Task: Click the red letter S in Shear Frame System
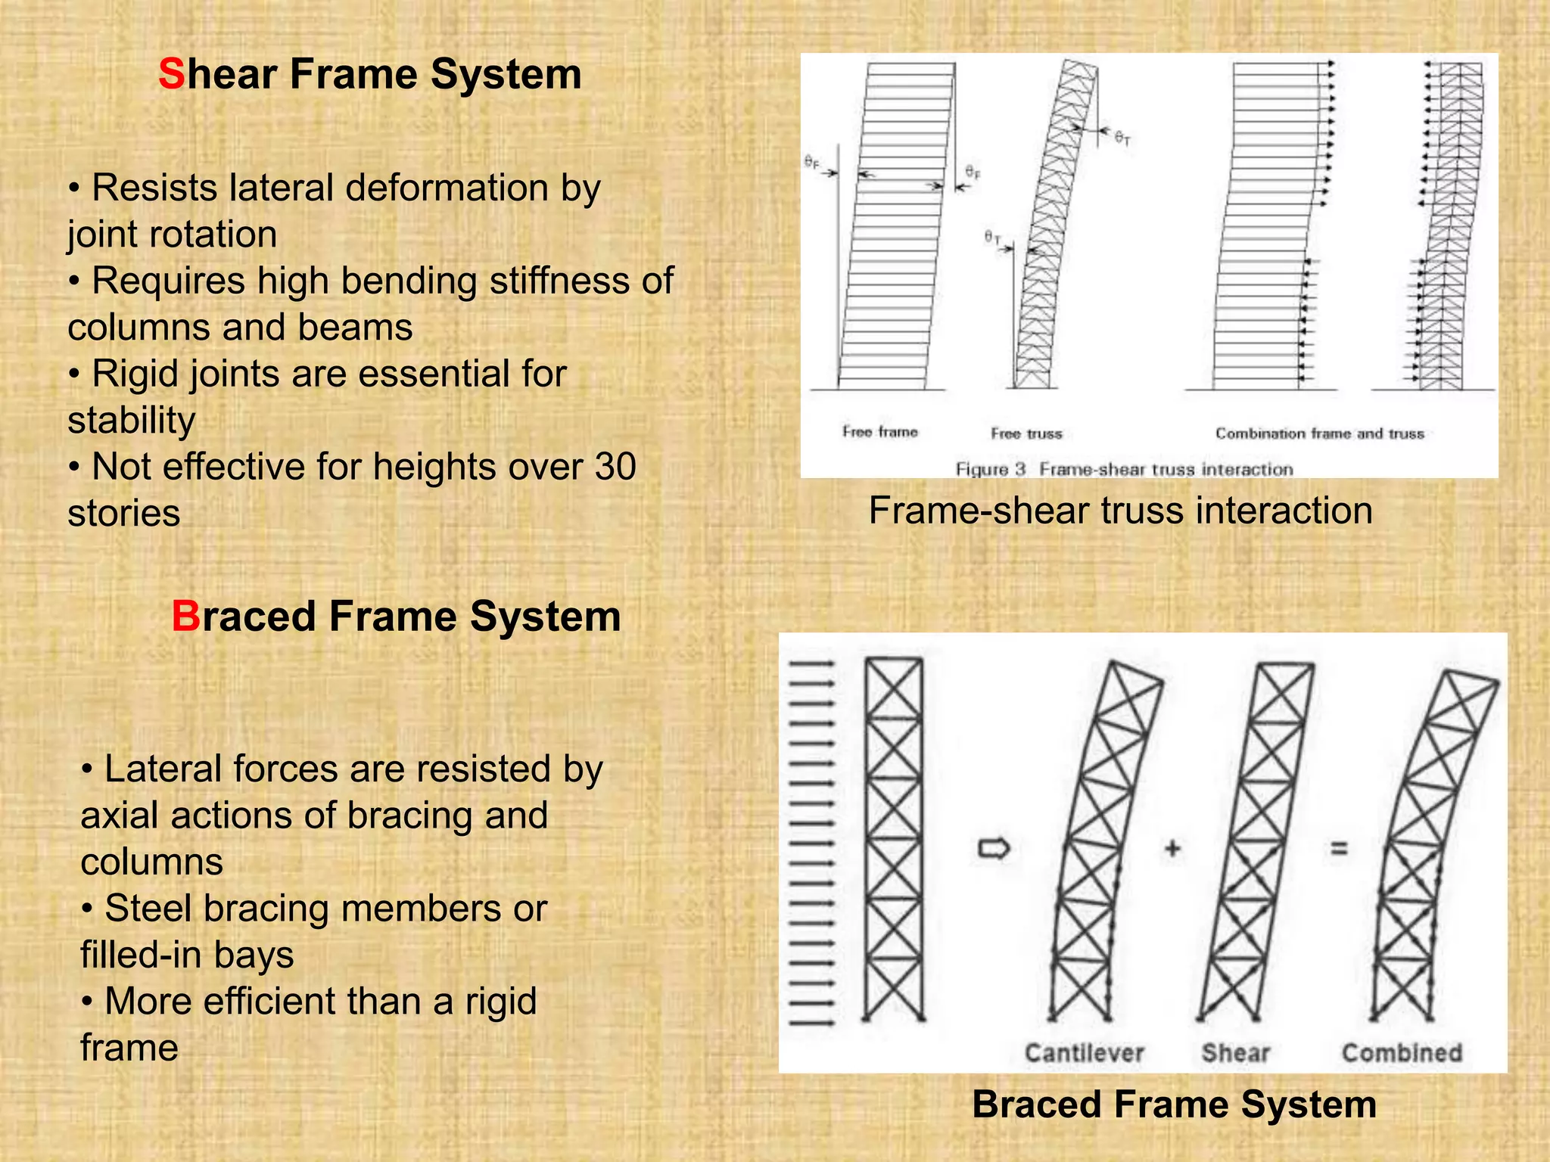click(x=171, y=75)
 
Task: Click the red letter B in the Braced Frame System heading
click(x=185, y=617)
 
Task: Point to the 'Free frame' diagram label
click(x=879, y=432)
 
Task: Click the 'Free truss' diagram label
click(x=1026, y=433)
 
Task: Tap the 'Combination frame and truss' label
click(x=1319, y=433)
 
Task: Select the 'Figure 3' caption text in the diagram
click(x=990, y=469)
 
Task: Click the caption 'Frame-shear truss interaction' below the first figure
click(x=1120, y=511)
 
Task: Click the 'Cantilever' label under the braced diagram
click(x=1084, y=1052)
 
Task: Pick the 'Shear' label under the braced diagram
click(x=1235, y=1052)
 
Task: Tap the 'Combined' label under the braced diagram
click(x=1402, y=1052)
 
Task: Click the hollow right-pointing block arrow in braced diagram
click(x=994, y=849)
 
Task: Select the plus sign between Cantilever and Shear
click(x=1172, y=849)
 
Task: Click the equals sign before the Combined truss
click(x=1339, y=849)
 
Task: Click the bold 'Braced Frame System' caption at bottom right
click(x=1174, y=1105)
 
